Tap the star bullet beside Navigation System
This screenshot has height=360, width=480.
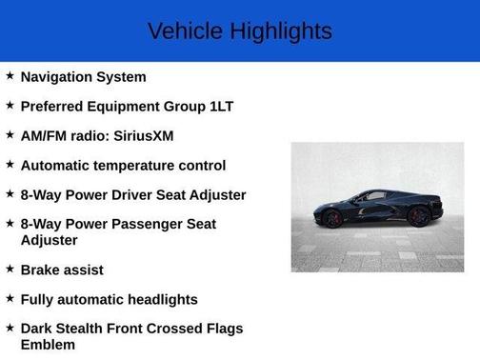pyautogui.click(x=10, y=76)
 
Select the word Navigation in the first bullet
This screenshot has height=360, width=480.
pyautogui.click(x=57, y=77)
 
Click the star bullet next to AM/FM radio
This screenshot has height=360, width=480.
pyautogui.click(x=10, y=135)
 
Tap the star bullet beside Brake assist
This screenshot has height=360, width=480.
pyautogui.click(x=10, y=270)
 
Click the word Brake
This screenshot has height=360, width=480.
pyautogui.click(x=41, y=270)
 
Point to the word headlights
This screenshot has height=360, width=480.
pyautogui.click(x=155, y=300)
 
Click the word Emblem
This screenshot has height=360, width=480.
pyautogui.click(x=48, y=345)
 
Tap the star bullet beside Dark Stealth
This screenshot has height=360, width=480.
pyautogui.click(x=10, y=328)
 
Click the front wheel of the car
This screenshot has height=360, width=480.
pyautogui.click(x=332, y=218)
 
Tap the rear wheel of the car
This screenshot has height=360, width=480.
pyautogui.click(x=418, y=216)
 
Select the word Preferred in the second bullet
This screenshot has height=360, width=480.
pyautogui.click(x=55, y=107)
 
